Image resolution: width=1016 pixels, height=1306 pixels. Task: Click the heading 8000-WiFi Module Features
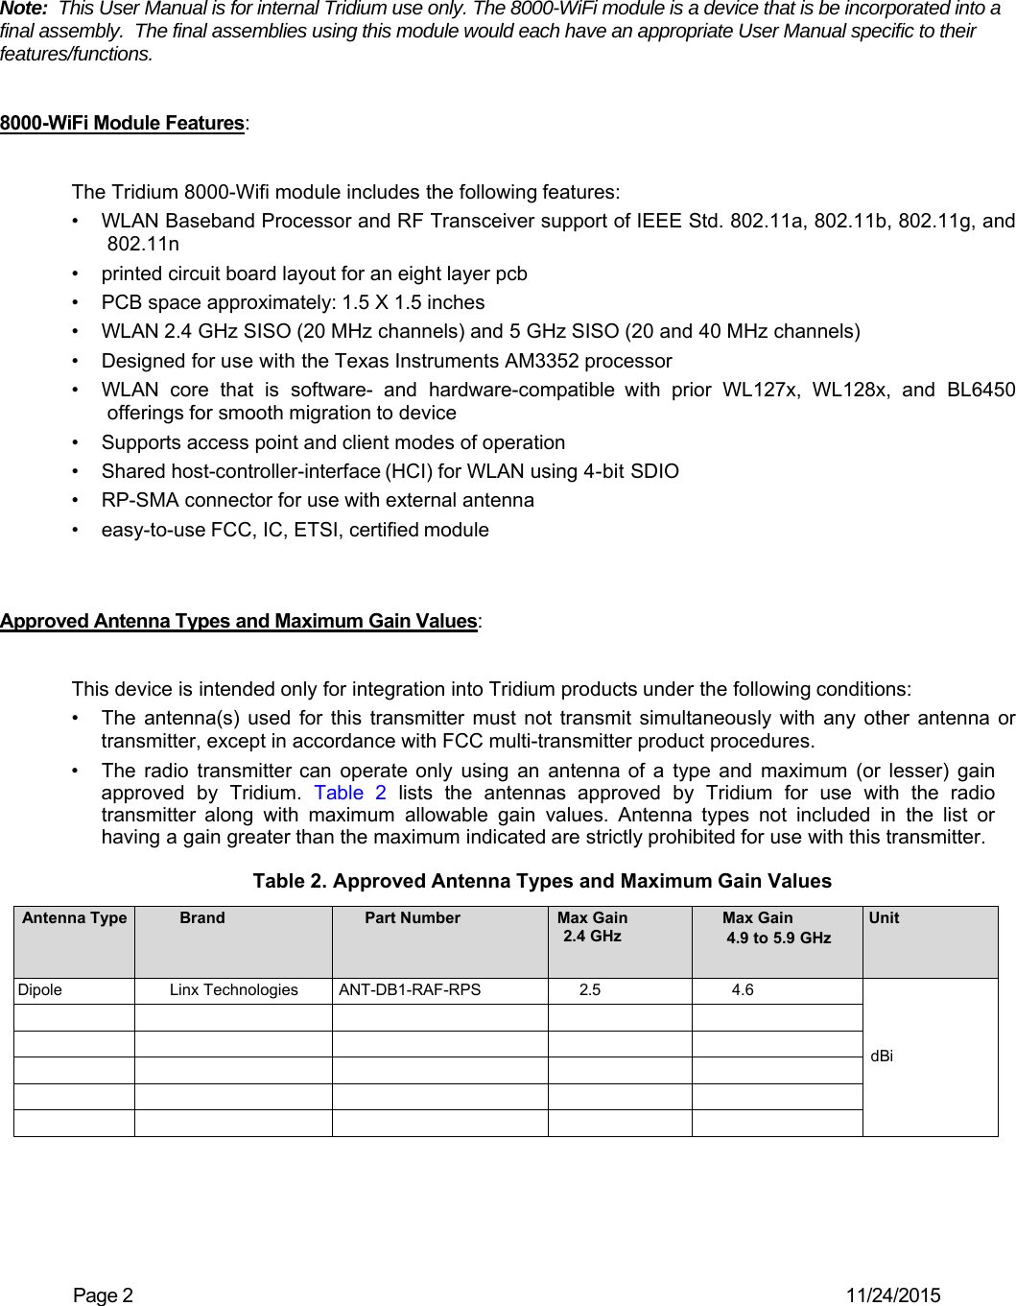coord(122,124)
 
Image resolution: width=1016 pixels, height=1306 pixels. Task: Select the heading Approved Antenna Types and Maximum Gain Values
coord(238,621)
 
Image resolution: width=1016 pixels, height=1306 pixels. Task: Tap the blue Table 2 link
coord(350,793)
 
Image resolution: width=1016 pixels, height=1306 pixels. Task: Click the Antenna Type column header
coord(75,918)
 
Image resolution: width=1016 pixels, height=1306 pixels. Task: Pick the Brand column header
coord(202,918)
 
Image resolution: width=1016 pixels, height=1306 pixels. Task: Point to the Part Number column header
coord(413,918)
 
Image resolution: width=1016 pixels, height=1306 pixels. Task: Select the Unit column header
coord(884,918)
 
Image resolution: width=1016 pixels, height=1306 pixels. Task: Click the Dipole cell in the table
coord(40,990)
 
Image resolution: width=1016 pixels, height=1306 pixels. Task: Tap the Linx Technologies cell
coord(233,990)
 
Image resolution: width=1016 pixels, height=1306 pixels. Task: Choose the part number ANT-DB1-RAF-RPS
coord(410,990)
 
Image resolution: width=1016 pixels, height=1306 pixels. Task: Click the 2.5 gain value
coord(590,990)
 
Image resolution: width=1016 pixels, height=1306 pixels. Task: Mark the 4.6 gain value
coord(743,990)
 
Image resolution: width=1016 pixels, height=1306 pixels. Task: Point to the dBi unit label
coord(882,1057)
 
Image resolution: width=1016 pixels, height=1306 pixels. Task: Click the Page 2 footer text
coord(104,1295)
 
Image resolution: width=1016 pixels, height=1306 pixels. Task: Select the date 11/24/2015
coord(892,1295)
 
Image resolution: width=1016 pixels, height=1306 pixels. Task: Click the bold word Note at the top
coord(23,9)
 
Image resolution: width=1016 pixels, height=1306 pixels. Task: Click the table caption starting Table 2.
coord(542,881)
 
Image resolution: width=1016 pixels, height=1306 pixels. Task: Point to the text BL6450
coord(981,390)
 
